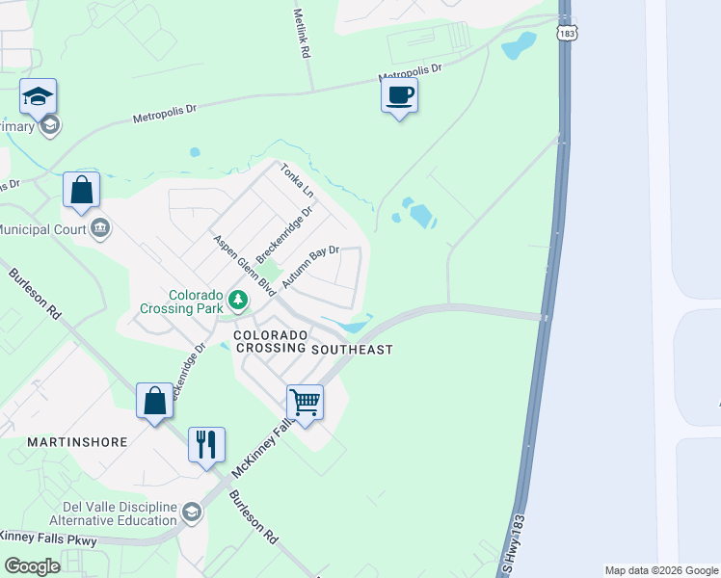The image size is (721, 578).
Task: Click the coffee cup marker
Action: coord(399,96)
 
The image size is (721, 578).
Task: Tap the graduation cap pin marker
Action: coord(38,96)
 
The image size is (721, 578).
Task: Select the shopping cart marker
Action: coord(305,402)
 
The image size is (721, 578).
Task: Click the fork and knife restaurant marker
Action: coord(206,445)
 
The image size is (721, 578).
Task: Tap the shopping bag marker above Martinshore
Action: coord(154,401)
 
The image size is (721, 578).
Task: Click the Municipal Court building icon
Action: coord(100,228)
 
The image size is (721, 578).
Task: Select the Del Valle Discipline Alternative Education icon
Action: coord(191,512)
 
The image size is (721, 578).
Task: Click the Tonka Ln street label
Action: coord(297,181)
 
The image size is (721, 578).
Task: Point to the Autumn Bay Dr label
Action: coord(310,267)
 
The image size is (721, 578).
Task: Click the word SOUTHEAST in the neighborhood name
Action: coord(352,350)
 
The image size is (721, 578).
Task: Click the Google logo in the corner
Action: coord(31,566)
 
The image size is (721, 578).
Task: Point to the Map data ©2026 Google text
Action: coord(661,570)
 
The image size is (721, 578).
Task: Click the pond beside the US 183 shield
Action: coord(519,44)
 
